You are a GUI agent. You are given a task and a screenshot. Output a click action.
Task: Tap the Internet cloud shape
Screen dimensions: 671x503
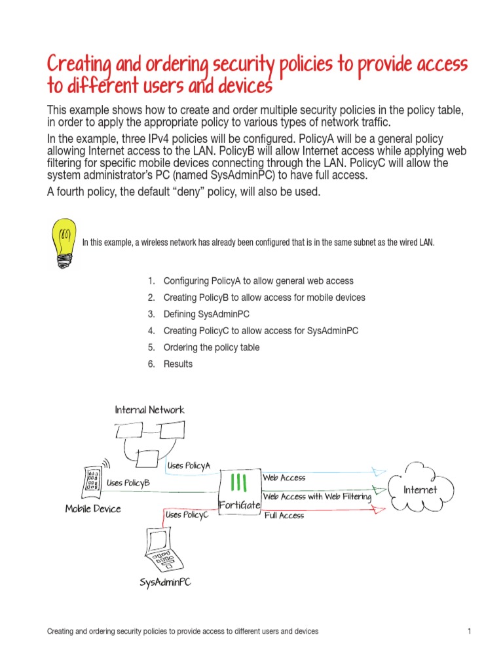click(x=419, y=489)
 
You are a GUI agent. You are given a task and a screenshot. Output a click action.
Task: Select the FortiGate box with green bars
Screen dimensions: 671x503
click(x=239, y=491)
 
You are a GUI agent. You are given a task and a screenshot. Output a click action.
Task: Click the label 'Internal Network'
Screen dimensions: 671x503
click(x=149, y=410)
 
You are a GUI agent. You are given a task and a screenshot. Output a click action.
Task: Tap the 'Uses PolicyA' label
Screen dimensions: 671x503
click(x=189, y=465)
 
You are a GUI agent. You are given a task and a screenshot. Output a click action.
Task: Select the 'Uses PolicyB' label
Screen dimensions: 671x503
click(x=128, y=483)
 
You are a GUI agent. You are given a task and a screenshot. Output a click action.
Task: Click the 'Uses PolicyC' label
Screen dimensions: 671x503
click(x=187, y=515)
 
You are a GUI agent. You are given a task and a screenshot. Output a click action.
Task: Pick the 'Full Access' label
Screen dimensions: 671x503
click(x=284, y=516)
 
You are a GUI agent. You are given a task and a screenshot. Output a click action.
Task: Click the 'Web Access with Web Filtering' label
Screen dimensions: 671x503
click(x=317, y=497)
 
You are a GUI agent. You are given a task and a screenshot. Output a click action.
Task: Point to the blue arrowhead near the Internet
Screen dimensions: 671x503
click(x=379, y=471)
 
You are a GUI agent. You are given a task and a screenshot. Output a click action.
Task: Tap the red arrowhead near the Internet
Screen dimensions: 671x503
click(x=377, y=508)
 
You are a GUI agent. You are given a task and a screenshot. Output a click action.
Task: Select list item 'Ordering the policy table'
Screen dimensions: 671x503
click(x=211, y=347)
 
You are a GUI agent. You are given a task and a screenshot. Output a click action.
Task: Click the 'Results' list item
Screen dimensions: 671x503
click(x=177, y=364)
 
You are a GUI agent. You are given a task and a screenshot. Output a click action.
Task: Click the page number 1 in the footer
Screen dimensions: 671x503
click(x=470, y=632)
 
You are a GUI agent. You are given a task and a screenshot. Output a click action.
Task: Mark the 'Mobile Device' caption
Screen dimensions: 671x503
click(x=93, y=508)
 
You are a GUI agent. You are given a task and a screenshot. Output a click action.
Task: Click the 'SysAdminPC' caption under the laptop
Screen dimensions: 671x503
click(x=165, y=582)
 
